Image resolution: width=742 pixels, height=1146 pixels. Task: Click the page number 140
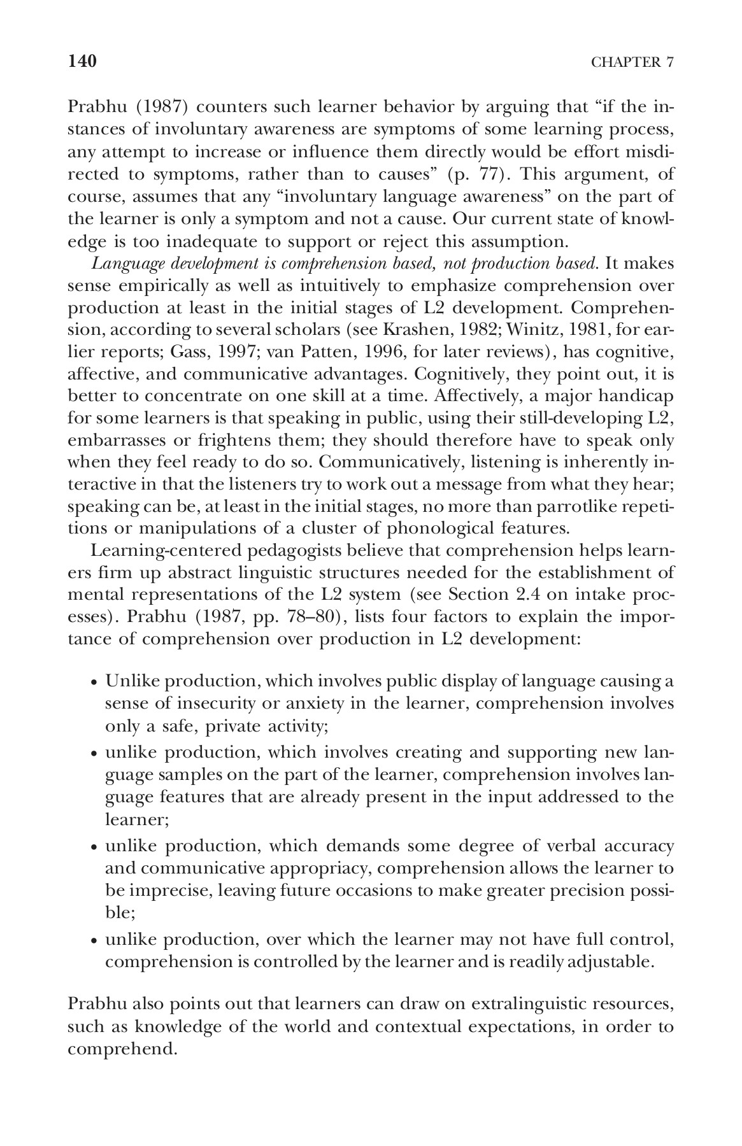[82, 61]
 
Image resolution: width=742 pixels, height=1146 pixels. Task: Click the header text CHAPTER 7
[632, 62]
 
